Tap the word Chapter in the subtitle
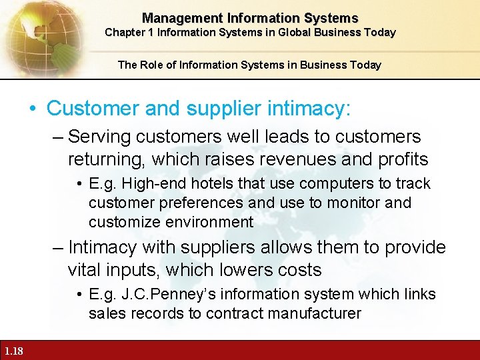click(x=122, y=32)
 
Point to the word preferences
click(x=183, y=203)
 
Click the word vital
click(x=85, y=270)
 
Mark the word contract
click(x=231, y=313)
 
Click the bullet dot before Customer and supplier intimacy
click(x=34, y=108)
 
